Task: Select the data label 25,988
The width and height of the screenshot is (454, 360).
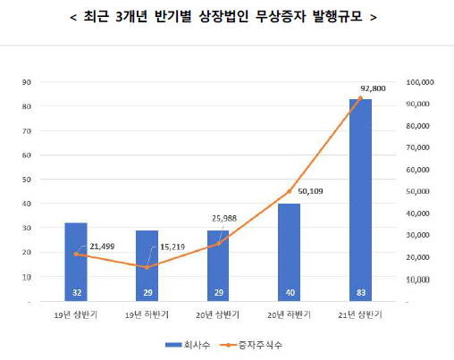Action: point(231,219)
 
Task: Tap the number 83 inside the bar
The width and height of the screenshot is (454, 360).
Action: point(360,292)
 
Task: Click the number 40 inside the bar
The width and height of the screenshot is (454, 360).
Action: point(289,292)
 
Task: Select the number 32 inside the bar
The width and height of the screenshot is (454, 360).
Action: point(76,292)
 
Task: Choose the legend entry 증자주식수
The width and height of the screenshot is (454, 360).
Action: point(259,343)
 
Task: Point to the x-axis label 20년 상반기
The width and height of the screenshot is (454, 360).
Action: point(218,314)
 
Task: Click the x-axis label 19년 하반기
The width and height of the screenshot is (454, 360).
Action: point(147,314)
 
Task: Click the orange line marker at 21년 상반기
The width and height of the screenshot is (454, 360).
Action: point(360,98)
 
